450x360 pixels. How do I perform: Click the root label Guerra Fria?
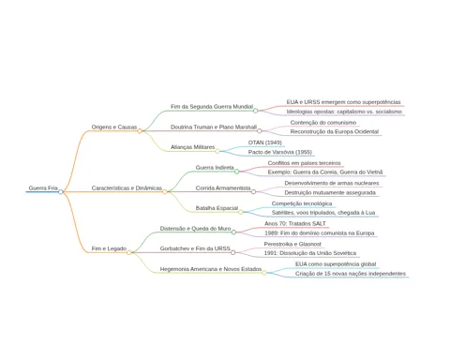point(43,188)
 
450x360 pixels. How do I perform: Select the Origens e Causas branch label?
point(114,127)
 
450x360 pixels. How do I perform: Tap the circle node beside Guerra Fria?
point(61,192)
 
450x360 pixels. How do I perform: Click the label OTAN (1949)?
point(265,142)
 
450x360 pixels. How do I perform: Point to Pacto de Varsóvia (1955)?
point(280,152)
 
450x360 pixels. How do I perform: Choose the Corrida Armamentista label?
point(223,188)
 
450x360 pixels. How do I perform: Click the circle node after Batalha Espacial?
point(241,212)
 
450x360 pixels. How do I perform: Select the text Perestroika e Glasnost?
point(292,244)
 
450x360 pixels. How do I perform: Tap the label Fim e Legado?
point(109,248)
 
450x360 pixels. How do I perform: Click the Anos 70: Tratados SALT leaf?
point(295,224)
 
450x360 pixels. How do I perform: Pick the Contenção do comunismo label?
point(323,123)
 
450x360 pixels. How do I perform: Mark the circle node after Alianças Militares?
point(217,151)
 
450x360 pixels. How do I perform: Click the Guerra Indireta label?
point(215,168)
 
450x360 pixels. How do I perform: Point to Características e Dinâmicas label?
point(127,188)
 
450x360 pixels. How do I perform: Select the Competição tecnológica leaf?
point(302,203)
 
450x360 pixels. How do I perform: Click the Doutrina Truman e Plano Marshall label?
point(214,127)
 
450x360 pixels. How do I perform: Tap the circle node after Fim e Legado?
point(129,252)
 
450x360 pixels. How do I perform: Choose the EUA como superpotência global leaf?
point(336,264)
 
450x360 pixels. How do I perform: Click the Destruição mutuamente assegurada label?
point(330,193)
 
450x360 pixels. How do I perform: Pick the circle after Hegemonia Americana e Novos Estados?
point(264,273)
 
